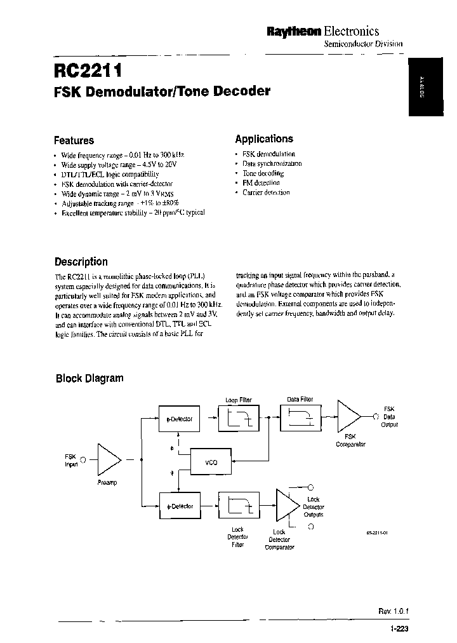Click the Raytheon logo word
(x=293, y=31)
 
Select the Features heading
(x=74, y=140)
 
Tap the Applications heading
(x=264, y=139)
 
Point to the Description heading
(x=81, y=261)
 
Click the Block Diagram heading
(x=89, y=378)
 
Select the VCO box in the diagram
(x=211, y=462)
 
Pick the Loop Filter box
(x=239, y=418)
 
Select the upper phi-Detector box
(x=179, y=419)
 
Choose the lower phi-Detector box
(x=179, y=506)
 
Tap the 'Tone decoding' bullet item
(x=263, y=173)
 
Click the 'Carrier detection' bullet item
(x=266, y=193)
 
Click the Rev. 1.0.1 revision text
(x=394, y=611)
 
